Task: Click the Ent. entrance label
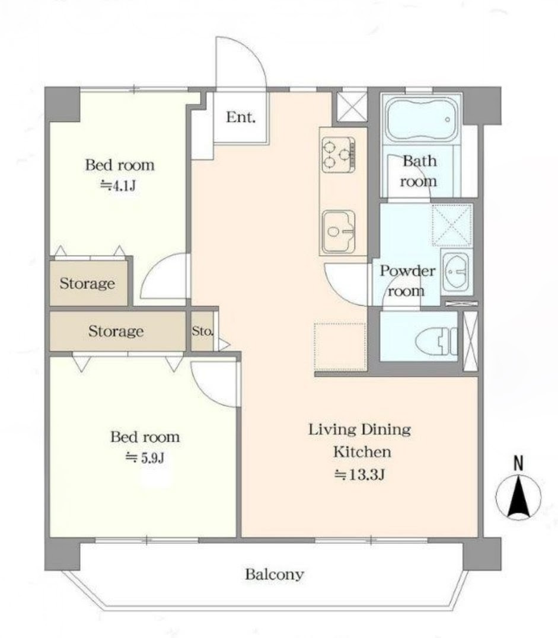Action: pyautogui.click(x=241, y=117)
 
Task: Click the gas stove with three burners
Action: pyautogui.click(x=338, y=154)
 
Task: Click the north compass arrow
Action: pyautogui.click(x=518, y=497)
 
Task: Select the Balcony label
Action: pyautogui.click(x=274, y=574)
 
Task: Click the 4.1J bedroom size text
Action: pyautogui.click(x=118, y=185)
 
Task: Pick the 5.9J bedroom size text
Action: pyautogui.click(x=145, y=458)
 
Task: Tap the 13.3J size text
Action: pyautogui.click(x=359, y=475)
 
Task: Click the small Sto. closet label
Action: pyautogui.click(x=202, y=331)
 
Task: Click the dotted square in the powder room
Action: pyautogui.click(x=452, y=226)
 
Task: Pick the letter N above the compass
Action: pyautogui.click(x=518, y=463)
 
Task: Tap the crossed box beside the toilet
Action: pyautogui.click(x=470, y=341)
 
